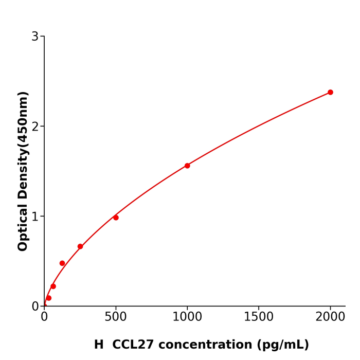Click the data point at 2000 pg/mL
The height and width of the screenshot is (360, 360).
click(330, 93)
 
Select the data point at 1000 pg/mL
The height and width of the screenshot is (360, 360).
click(187, 166)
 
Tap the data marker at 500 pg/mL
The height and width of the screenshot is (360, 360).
click(116, 218)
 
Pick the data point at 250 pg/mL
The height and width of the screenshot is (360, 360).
click(80, 246)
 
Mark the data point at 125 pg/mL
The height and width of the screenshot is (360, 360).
click(62, 263)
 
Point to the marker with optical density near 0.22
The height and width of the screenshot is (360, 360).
click(53, 286)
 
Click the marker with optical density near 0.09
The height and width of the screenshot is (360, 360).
click(49, 298)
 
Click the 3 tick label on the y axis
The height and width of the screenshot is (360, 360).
click(35, 37)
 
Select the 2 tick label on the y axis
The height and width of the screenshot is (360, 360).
click(35, 127)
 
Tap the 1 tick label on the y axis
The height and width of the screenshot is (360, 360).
click(35, 217)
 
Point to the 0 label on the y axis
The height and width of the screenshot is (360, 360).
click(35, 307)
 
